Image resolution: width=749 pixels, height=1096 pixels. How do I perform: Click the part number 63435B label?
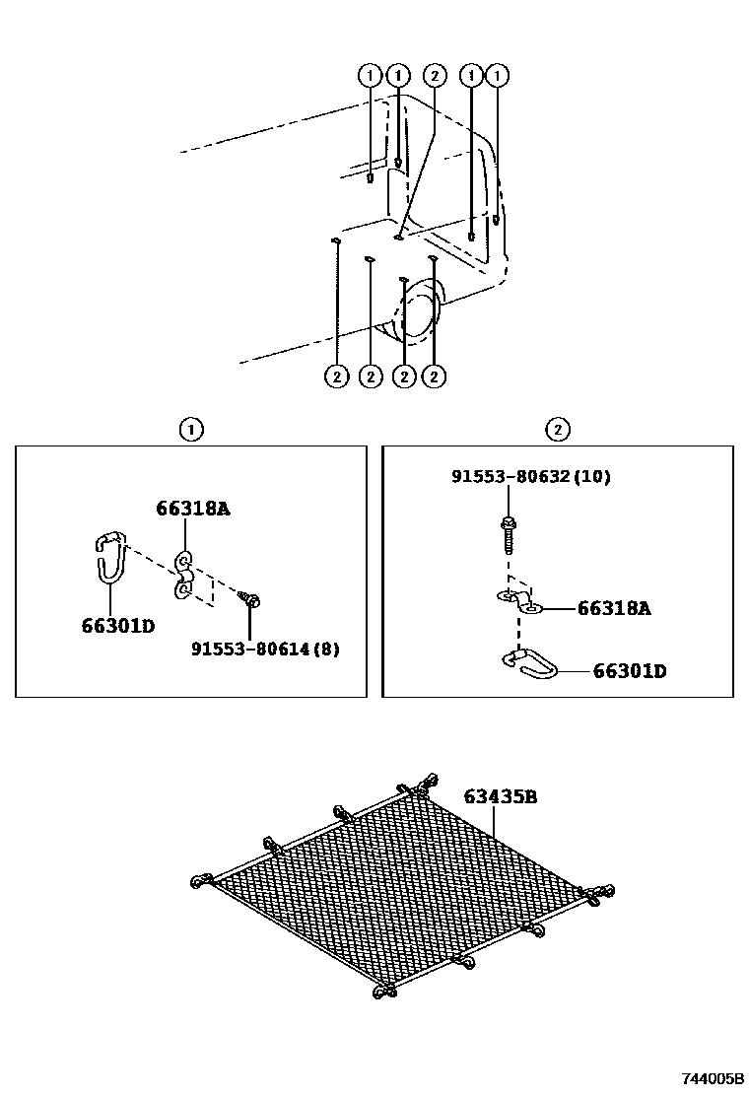[500, 796]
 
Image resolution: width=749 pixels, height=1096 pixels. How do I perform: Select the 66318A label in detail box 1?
[192, 509]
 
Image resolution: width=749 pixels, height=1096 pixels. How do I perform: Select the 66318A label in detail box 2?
[614, 609]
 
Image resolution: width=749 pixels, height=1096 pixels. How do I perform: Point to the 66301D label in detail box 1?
[118, 625]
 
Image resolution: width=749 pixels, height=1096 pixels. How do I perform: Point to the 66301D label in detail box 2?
[629, 671]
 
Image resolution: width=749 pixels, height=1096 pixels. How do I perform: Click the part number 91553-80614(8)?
[264, 650]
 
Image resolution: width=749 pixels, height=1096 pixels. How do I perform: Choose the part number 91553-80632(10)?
[530, 477]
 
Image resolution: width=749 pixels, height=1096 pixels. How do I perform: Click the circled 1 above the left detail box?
[190, 429]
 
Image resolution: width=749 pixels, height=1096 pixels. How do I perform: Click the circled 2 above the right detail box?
[557, 429]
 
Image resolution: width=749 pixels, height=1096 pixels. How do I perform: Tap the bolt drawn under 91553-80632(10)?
[507, 534]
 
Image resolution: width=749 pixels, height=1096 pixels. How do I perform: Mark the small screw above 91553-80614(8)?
[249, 599]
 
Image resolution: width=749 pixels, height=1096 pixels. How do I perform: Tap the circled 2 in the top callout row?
[434, 75]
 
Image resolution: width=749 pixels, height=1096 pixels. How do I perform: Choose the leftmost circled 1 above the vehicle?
[369, 75]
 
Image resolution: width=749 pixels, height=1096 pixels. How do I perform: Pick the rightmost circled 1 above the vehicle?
[499, 75]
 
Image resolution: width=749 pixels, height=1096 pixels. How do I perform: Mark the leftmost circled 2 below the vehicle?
[336, 376]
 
